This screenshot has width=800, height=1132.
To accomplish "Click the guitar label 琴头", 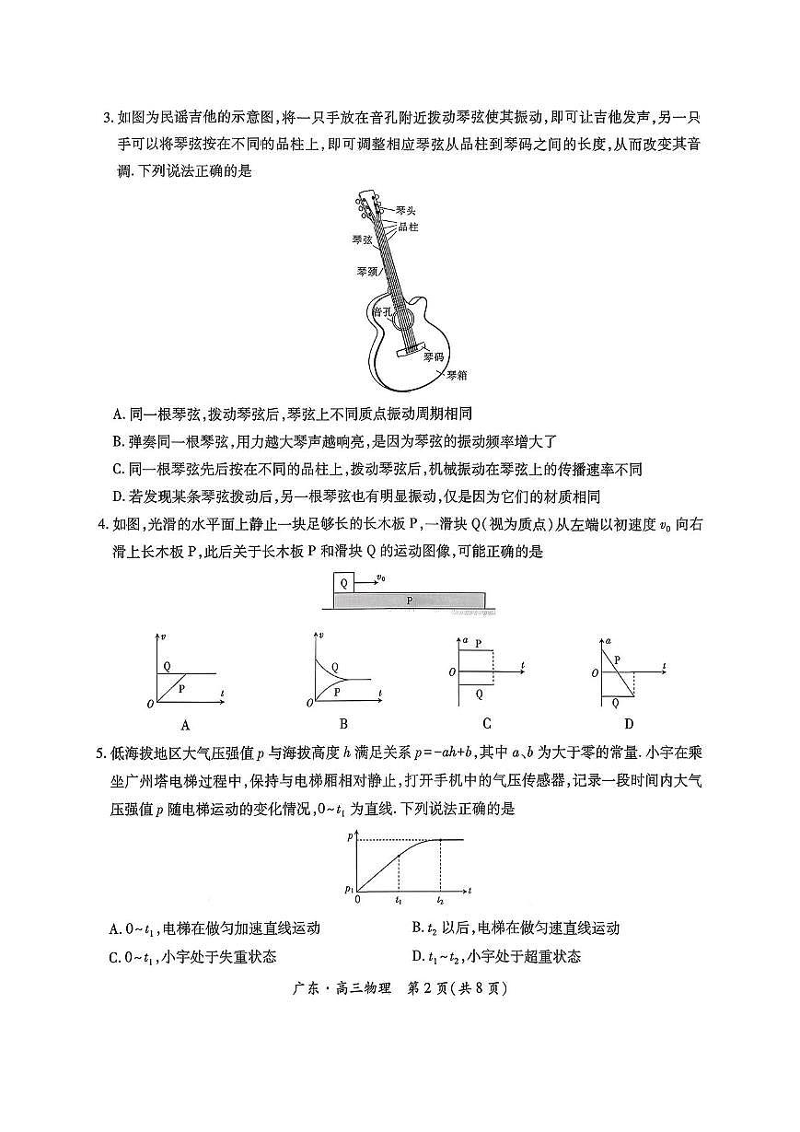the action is pyautogui.click(x=406, y=211).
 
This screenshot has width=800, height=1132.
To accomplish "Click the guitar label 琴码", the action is pyautogui.click(x=435, y=356).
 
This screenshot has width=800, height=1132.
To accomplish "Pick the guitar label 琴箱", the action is pyautogui.click(x=458, y=375).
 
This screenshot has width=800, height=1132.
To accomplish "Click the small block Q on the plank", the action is pyautogui.click(x=343, y=582).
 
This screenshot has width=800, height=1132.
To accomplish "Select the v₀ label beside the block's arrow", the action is pyautogui.click(x=380, y=578).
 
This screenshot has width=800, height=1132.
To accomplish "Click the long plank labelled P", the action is pyautogui.click(x=410, y=601).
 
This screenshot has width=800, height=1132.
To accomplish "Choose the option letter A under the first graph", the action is pyautogui.click(x=185, y=724).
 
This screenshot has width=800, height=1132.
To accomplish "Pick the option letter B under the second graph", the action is pyautogui.click(x=342, y=724).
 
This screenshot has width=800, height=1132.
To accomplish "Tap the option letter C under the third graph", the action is pyautogui.click(x=486, y=724).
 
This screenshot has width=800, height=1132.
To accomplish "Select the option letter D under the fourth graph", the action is pyautogui.click(x=629, y=724).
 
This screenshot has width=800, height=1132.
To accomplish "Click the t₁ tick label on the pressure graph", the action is pyautogui.click(x=399, y=900).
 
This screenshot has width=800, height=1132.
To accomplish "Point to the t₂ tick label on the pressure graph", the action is pyautogui.click(x=440, y=900).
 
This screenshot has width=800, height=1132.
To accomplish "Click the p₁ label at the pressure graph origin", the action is pyautogui.click(x=349, y=889).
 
